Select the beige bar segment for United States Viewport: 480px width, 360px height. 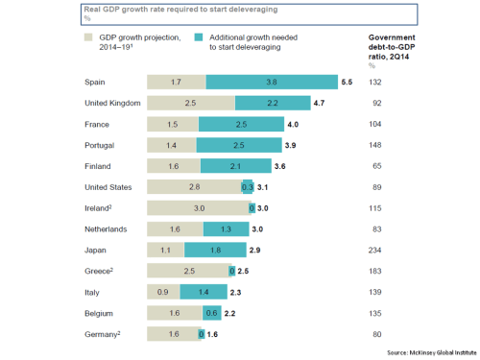194,187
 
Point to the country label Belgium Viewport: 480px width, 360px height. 100,312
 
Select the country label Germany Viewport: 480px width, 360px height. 104,333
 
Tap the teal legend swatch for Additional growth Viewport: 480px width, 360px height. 198,37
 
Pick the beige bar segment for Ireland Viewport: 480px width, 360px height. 198,208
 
